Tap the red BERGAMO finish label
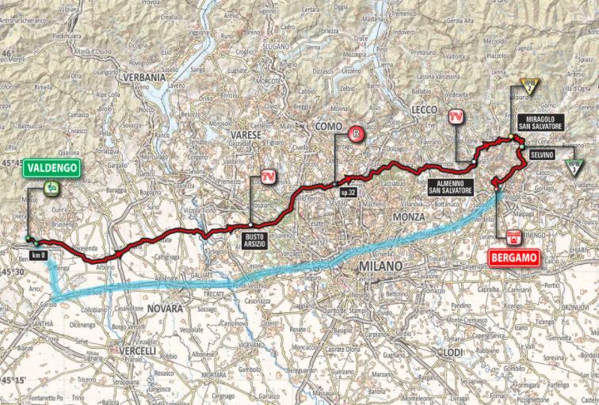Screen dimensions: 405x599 tap(513, 258)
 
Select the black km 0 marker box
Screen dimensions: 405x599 tap(39, 254)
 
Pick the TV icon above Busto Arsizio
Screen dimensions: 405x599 tap(270, 176)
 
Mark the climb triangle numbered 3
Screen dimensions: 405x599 tap(573, 166)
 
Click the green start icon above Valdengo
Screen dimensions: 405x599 tap(51, 188)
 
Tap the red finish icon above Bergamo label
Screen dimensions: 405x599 tap(513, 236)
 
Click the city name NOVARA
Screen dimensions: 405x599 tap(165, 308)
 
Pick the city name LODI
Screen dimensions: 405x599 tap(453, 351)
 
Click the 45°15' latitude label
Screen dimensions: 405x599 tap(13, 379)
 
